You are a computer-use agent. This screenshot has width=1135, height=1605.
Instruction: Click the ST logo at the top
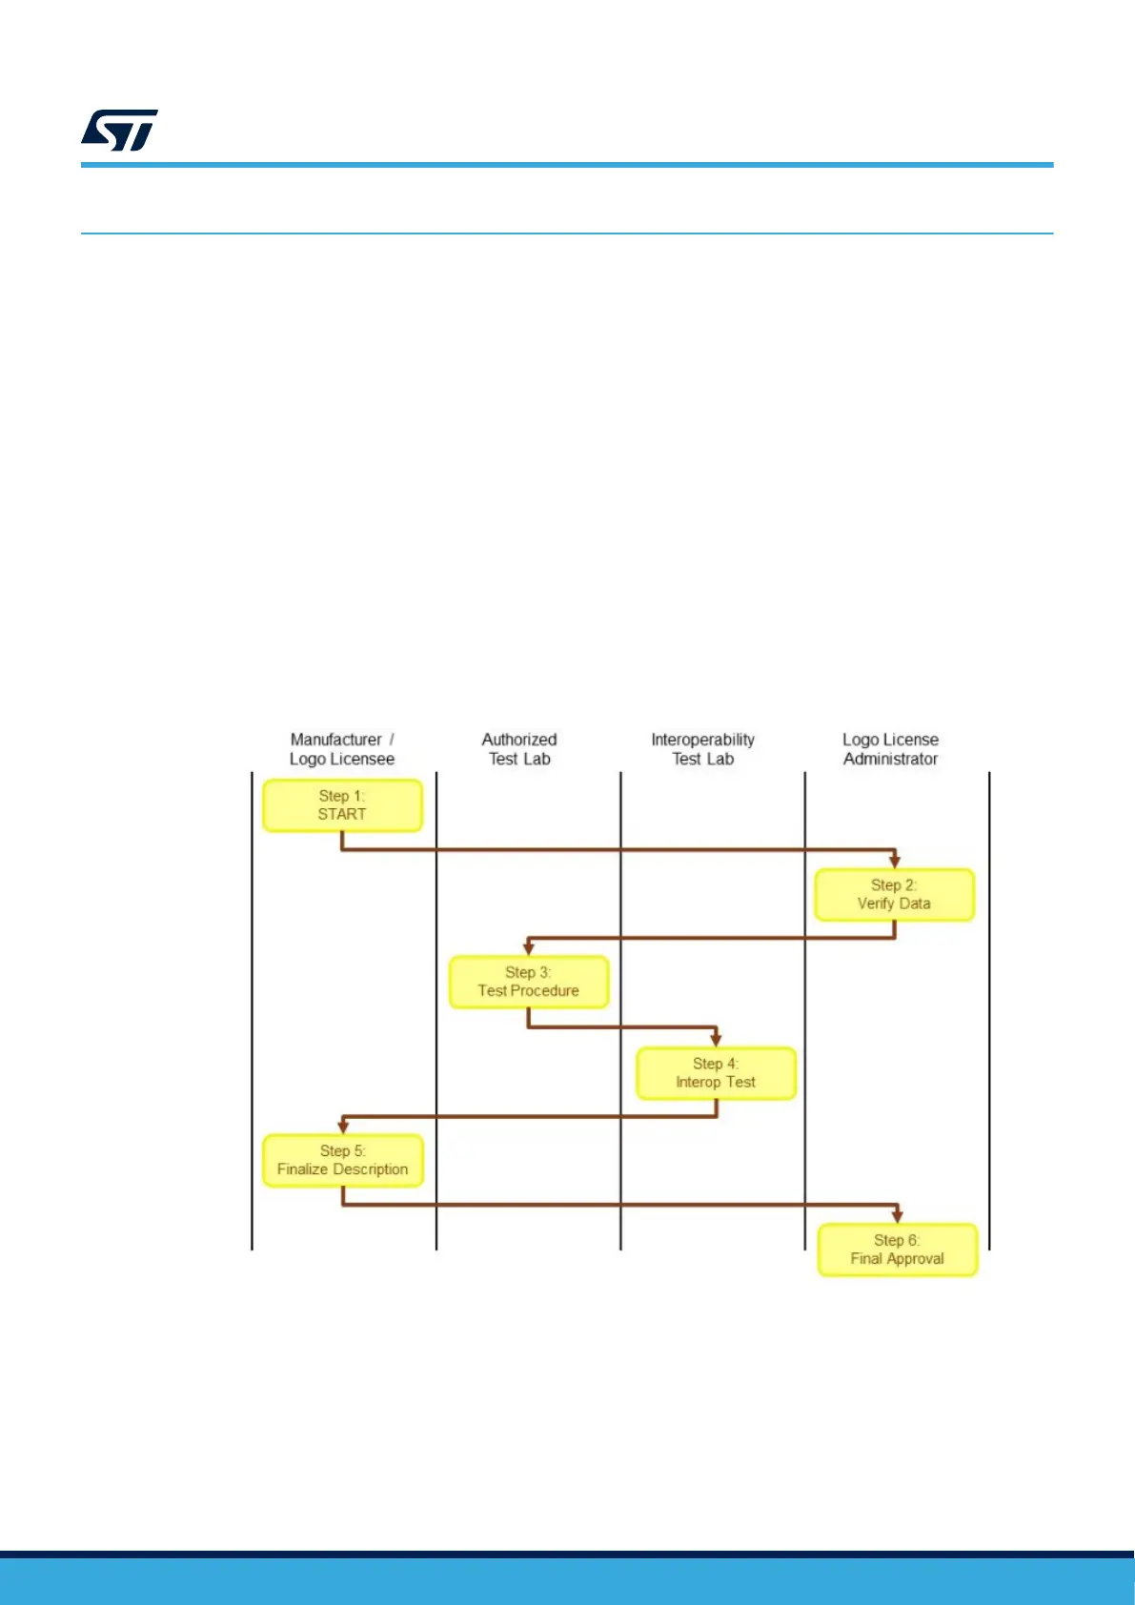[119, 131]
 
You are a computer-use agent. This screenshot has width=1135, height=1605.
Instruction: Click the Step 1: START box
[342, 805]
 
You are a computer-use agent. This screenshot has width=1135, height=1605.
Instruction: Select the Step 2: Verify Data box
[894, 894]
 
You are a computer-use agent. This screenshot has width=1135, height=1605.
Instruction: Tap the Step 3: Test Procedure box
[529, 982]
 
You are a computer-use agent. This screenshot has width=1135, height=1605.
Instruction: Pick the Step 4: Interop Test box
[716, 1073]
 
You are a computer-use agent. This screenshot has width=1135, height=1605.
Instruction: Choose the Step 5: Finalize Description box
[343, 1160]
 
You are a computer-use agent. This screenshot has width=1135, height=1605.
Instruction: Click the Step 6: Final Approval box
[898, 1249]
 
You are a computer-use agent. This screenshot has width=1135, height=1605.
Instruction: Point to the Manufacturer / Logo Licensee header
[342, 749]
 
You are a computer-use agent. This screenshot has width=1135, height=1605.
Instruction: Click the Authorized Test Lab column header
[519, 749]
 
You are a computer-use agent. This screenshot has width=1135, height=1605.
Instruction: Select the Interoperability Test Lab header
[703, 749]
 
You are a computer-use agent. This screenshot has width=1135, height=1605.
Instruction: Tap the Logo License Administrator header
[891, 749]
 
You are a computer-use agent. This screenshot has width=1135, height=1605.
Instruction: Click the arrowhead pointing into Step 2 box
[895, 862]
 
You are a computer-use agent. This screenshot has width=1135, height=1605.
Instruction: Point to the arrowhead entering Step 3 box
[529, 949]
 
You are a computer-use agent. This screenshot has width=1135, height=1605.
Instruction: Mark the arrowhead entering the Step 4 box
[716, 1040]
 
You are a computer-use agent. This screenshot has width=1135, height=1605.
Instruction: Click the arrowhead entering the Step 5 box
[343, 1128]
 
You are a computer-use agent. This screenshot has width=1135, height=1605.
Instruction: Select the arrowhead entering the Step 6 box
[898, 1216]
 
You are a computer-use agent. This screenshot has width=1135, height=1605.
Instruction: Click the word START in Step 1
[342, 815]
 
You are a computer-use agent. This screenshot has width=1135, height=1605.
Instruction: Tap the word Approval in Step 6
[916, 1259]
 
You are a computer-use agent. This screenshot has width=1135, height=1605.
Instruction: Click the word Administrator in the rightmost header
[891, 760]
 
